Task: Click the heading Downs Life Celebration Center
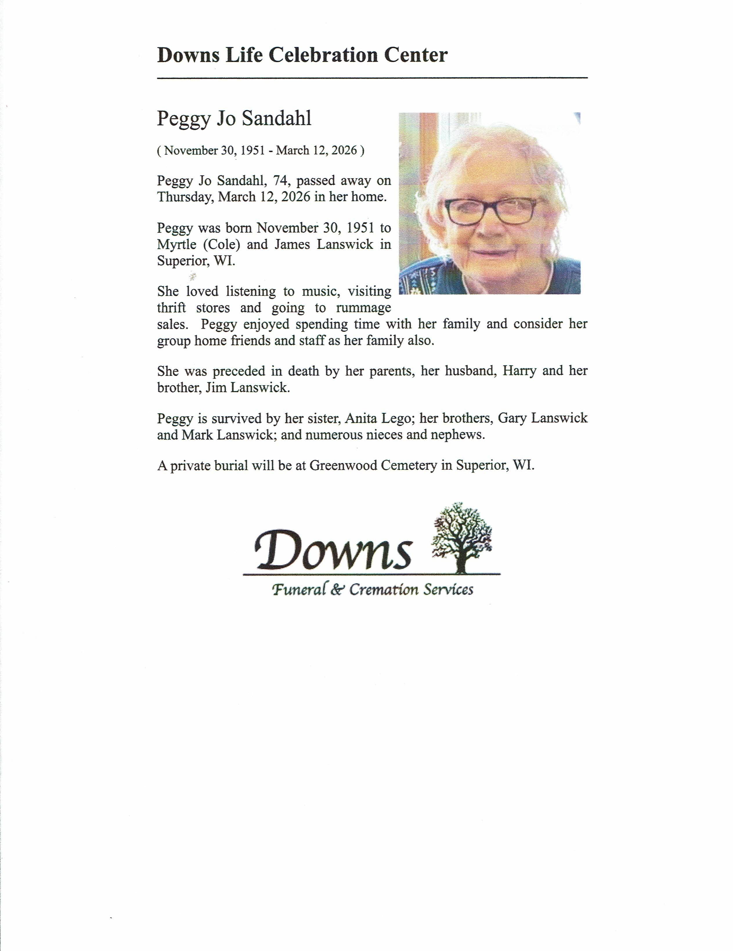click(x=302, y=55)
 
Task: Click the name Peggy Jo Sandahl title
click(x=234, y=118)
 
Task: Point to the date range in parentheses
click(x=261, y=151)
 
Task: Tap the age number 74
click(x=280, y=180)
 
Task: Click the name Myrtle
click(x=176, y=245)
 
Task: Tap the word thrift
click(x=171, y=308)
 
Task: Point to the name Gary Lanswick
click(x=542, y=419)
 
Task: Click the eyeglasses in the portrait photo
click(x=490, y=211)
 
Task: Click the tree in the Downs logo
click(x=462, y=537)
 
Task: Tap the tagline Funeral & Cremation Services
click(x=372, y=590)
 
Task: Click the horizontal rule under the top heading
click(x=372, y=78)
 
